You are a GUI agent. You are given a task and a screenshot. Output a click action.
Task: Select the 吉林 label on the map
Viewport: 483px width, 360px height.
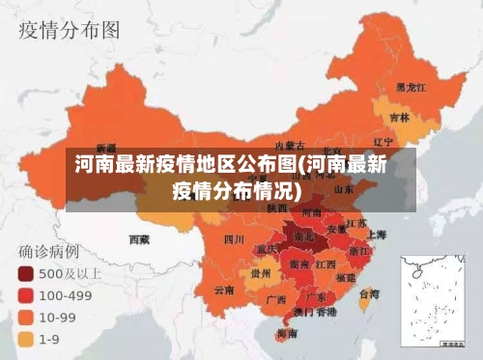tap(399, 117)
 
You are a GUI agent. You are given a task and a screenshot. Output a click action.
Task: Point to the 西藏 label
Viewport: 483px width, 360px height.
tap(139, 237)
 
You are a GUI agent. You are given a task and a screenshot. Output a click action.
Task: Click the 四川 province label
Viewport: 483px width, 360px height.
tap(234, 238)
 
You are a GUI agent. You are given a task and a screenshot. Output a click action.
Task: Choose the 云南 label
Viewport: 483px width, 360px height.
tap(224, 289)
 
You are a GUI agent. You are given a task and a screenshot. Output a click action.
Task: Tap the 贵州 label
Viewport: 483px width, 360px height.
tap(260, 273)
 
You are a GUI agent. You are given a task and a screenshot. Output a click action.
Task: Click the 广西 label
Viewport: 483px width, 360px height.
tap(275, 299)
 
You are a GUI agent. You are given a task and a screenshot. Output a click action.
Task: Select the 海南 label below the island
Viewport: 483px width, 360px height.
tap(286, 334)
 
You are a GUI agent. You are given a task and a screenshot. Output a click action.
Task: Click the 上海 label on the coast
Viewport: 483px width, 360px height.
tap(376, 235)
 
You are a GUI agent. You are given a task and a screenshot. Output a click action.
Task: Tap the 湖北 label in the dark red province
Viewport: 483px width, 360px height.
tap(304, 235)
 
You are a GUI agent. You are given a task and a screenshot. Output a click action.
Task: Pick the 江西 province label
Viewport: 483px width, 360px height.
tap(326, 263)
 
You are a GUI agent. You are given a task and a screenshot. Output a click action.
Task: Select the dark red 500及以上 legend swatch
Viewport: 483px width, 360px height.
tap(24, 272)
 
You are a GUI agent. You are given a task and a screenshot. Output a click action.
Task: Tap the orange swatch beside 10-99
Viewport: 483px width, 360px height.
tap(24, 316)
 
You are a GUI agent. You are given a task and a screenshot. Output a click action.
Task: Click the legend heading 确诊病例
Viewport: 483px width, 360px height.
tap(51, 250)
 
